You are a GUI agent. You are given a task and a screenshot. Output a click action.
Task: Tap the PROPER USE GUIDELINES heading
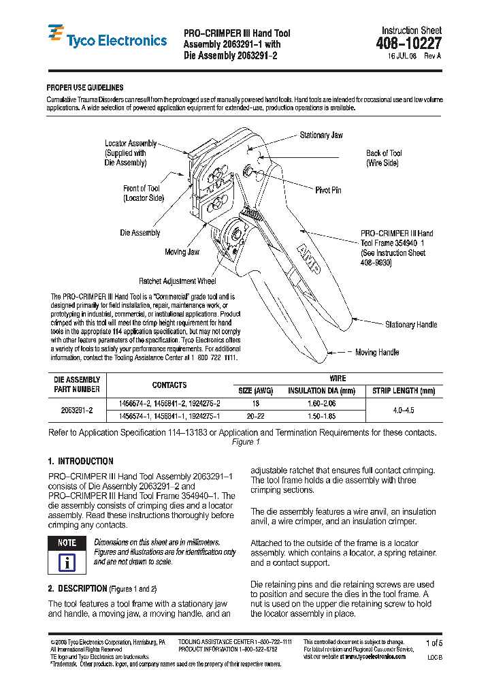point(84,88)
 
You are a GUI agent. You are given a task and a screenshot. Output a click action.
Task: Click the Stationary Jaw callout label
point(321,135)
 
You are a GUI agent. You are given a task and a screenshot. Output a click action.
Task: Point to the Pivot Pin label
point(328,190)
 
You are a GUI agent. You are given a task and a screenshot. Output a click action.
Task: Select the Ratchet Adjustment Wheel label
point(177,281)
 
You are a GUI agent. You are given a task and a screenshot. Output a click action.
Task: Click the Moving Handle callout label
point(377,353)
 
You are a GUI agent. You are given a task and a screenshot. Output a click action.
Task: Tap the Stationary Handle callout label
point(411,325)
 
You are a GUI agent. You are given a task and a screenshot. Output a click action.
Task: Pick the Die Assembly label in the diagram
point(140,233)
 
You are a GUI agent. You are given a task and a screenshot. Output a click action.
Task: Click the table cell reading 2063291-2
point(77,410)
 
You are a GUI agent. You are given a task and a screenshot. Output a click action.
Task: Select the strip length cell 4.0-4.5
point(404,411)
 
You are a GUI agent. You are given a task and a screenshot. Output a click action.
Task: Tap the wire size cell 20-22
point(255,416)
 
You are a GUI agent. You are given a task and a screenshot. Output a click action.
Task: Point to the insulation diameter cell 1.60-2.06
point(321,404)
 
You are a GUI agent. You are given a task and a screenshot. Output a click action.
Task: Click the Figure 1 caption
point(242,443)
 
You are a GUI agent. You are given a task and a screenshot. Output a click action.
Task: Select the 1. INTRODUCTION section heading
point(80,461)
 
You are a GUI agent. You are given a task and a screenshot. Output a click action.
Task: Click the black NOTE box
point(67,543)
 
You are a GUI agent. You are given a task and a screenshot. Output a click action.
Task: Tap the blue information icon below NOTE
point(67,563)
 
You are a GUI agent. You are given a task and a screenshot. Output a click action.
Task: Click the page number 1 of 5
point(434,643)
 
